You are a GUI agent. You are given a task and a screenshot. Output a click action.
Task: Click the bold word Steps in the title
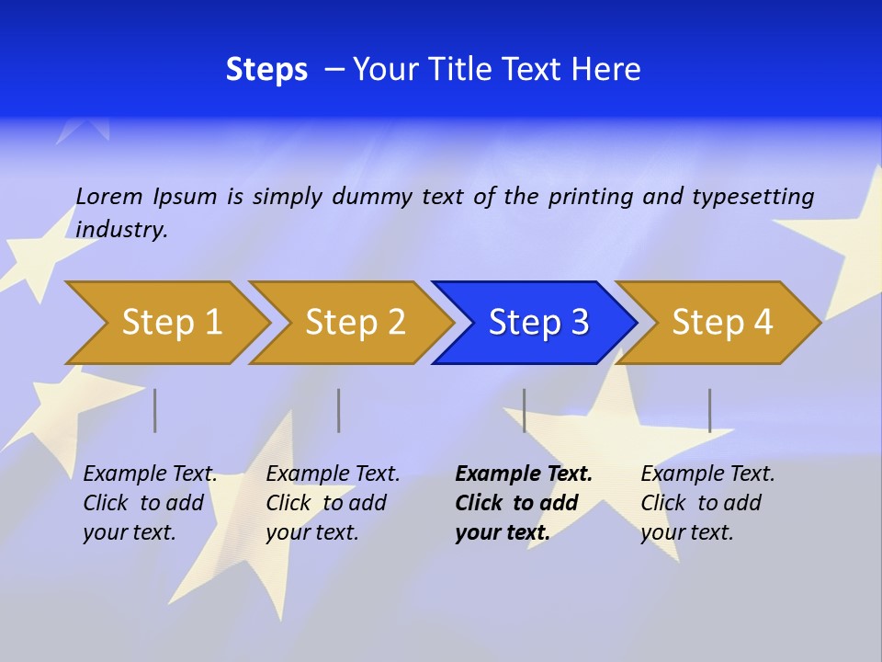(x=266, y=70)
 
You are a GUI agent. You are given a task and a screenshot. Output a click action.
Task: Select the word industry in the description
(x=121, y=230)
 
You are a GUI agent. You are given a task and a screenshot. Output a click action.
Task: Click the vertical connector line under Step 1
(x=155, y=410)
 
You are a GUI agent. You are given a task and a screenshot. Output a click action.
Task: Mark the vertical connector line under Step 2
(x=339, y=410)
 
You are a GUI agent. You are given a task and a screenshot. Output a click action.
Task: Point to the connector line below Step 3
(x=524, y=410)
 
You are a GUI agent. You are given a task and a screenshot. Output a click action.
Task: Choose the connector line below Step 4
(x=709, y=410)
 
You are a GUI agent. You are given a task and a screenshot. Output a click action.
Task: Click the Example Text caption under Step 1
(x=150, y=503)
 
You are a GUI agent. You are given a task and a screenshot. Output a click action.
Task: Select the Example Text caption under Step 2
(x=333, y=503)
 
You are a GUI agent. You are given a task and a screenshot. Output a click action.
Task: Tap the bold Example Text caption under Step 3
(x=524, y=503)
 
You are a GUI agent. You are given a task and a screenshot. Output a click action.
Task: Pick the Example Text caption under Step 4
(x=707, y=503)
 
